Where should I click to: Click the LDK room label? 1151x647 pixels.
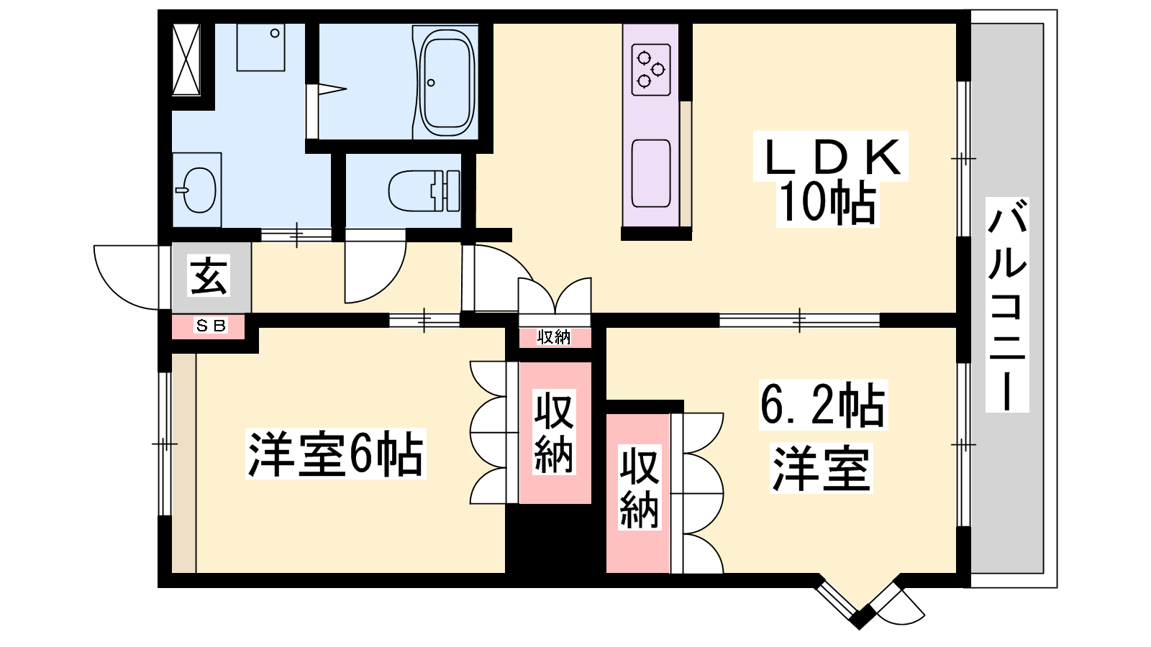pyautogui.click(x=830, y=156)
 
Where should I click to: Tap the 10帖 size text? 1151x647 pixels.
pyautogui.click(x=827, y=204)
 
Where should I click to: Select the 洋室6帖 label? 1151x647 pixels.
pyautogui.click(x=335, y=454)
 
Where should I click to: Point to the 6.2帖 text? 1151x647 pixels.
pyautogui.click(x=823, y=405)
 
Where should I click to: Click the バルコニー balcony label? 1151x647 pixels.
pyautogui.click(x=1007, y=305)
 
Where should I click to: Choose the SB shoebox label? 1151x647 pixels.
pyautogui.click(x=211, y=326)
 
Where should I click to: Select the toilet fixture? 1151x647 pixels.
pyautogui.click(x=424, y=191)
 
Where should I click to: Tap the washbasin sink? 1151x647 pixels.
pyautogui.click(x=198, y=191)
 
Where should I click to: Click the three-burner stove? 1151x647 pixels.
pyautogui.click(x=651, y=70)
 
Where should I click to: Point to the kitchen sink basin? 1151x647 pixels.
pyautogui.click(x=651, y=173)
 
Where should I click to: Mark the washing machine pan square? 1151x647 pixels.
pyautogui.click(x=260, y=47)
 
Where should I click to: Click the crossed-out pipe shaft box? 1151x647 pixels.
pyautogui.click(x=186, y=59)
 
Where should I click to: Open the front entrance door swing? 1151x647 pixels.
pyautogui.click(x=127, y=277)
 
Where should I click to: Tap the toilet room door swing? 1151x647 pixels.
pyautogui.click(x=375, y=266)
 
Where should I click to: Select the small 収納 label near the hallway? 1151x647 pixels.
pyautogui.click(x=554, y=337)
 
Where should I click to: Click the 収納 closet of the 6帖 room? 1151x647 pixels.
pyautogui.click(x=554, y=432)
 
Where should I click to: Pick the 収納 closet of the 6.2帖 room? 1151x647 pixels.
pyautogui.click(x=639, y=492)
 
